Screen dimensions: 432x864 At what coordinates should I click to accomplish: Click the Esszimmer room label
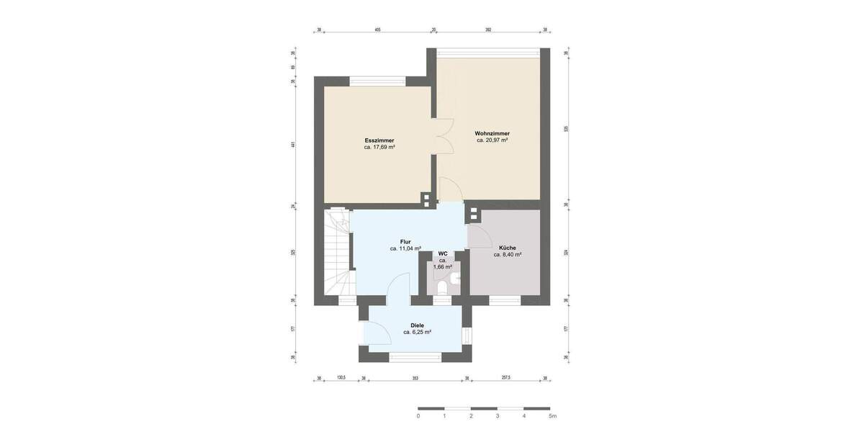(x=379, y=140)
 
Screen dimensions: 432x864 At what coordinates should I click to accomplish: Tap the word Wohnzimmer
(x=492, y=133)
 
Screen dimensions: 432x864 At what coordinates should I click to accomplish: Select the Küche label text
(x=508, y=247)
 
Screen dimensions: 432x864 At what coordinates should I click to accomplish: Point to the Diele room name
(x=417, y=325)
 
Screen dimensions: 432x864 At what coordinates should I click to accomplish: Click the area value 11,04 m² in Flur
(x=405, y=248)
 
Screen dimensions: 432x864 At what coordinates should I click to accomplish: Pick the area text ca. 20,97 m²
(x=492, y=141)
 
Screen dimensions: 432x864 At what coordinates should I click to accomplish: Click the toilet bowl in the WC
(x=443, y=287)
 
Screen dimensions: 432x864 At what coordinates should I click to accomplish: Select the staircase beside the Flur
(x=336, y=252)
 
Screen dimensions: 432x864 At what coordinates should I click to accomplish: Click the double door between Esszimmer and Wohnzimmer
(x=442, y=135)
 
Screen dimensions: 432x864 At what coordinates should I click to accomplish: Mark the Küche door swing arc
(x=479, y=235)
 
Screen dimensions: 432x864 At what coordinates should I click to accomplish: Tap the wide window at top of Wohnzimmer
(x=489, y=53)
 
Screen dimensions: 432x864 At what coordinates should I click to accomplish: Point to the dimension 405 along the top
(x=377, y=30)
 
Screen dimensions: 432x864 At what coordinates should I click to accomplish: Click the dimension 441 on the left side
(x=293, y=145)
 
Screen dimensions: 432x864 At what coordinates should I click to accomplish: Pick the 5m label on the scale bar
(x=552, y=416)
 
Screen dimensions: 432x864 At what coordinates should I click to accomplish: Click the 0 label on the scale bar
(x=418, y=416)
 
